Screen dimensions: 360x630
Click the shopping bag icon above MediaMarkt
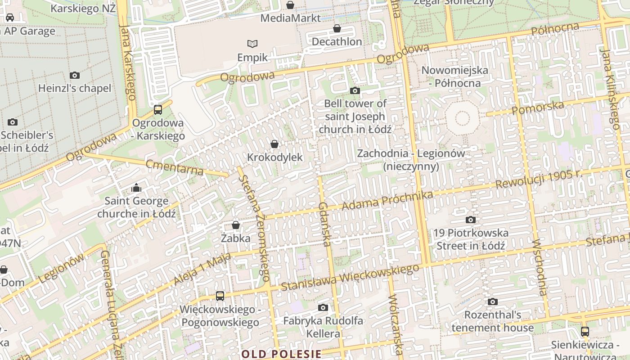[x=290, y=5]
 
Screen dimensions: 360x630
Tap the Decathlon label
[x=337, y=42]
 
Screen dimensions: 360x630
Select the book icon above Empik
[x=252, y=44]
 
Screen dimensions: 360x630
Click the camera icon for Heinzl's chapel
[x=75, y=75]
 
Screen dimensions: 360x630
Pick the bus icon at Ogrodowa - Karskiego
[x=157, y=109]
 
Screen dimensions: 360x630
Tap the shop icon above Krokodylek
[x=274, y=144]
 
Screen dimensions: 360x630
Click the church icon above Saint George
[x=136, y=187]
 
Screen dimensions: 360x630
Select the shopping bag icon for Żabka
[x=235, y=225]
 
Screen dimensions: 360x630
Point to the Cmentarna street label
[x=175, y=167]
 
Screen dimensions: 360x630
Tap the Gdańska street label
[x=324, y=224]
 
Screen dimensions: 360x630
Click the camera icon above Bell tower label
[x=355, y=90]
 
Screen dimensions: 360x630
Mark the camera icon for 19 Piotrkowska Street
[x=470, y=220]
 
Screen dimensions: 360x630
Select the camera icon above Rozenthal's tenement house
[x=492, y=301]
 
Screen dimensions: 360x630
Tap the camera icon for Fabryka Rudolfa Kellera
[x=323, y=307]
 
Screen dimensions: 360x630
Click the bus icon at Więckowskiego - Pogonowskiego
[x=220, y=296]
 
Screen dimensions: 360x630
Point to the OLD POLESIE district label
[x=281, y=354]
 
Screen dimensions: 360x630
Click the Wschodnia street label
[x=539, y=267]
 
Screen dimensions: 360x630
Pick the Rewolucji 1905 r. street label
[x=539, y=179]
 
